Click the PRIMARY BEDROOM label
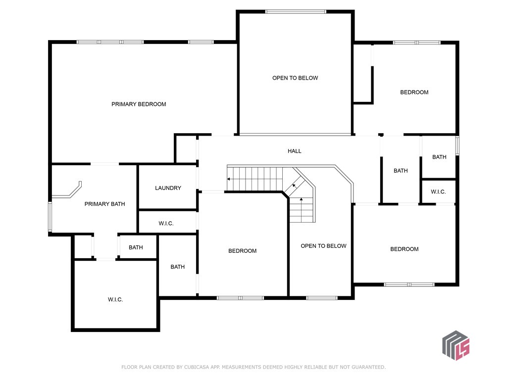[x=139, y=104]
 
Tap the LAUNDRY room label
[x=168, y=188]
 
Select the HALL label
[x=295, y=151]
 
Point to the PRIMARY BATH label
[x=105, y=204]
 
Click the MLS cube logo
[x=456, y=345]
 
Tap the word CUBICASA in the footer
[x=196, y=367]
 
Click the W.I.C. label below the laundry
[x=166, y=223]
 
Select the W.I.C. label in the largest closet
[x=115, y=299]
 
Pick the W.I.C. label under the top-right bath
[x=439, y=191]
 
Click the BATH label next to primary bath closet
[x=136, y=247]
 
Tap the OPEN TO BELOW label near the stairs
[x=324, y=246]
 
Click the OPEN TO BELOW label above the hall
[x=295, y=78]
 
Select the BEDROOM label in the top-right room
[x=414, y=93]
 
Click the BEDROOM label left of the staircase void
[x=243, y=251]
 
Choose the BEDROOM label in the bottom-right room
[x=405, y=249]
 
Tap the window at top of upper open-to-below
[x=296, y=12]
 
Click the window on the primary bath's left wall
[x=50, y=217]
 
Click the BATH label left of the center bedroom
[x=178, y=267]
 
